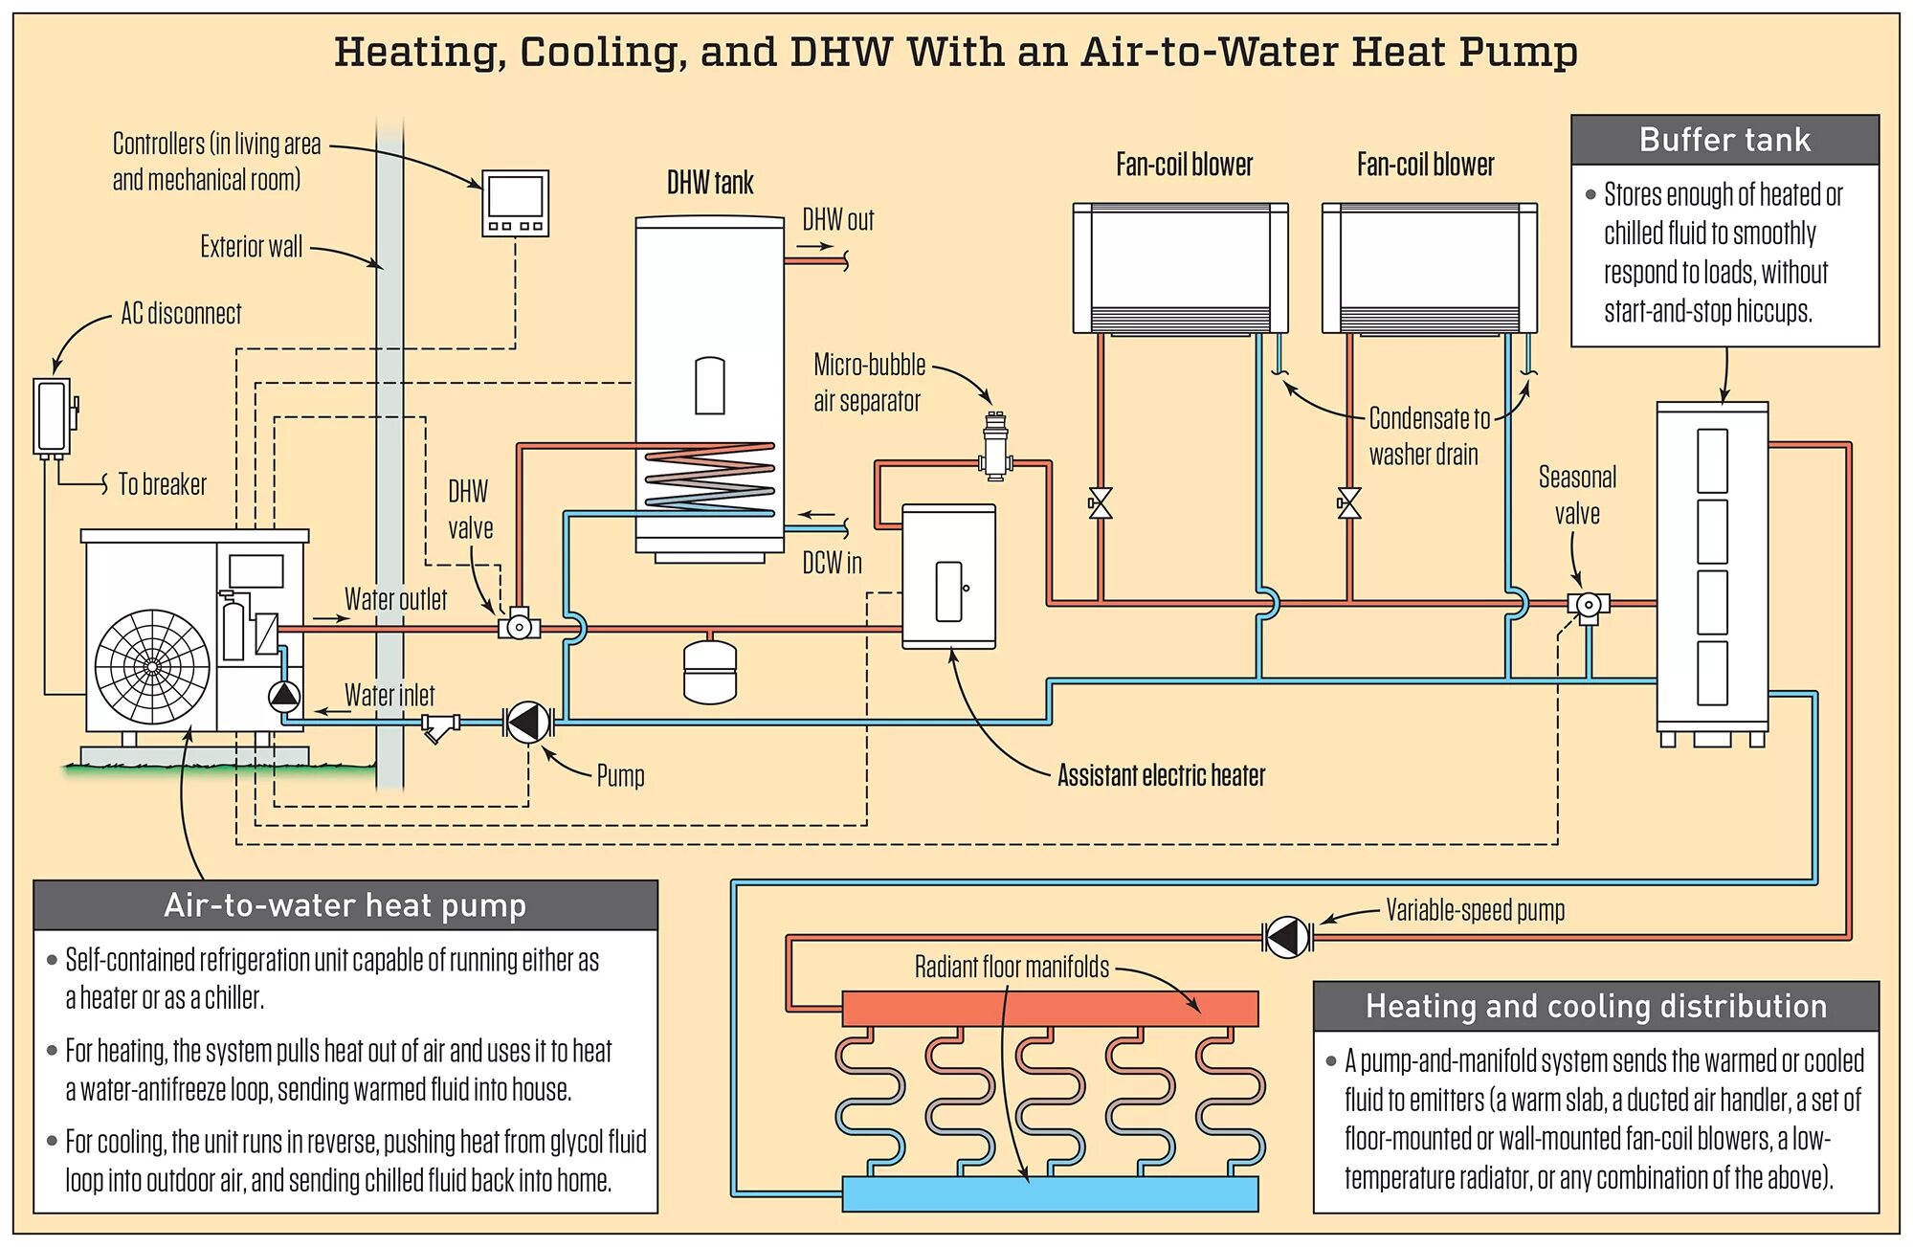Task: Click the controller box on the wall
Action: pos(515,203)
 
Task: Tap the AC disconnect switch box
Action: pos(52,417)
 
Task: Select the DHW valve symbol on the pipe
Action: pos(519,627)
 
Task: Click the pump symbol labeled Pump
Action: pos(527,723)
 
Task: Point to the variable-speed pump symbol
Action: pos(1287,937)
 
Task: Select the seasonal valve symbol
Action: pos(1588,605)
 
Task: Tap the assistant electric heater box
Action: pos(948,577)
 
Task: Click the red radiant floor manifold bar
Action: pos(1049,1009)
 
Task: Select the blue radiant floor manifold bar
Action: pos(1049,1193)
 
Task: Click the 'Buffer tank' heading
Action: pos(1724,140)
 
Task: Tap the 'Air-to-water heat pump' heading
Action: pos(345,905)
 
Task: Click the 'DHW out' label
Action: pos(837,220)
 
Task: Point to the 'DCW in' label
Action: pos(832,563)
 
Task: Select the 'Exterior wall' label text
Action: pos(251,247)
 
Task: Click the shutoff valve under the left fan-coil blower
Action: pos(1101,503)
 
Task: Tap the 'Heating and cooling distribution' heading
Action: pos(1595,1006)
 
